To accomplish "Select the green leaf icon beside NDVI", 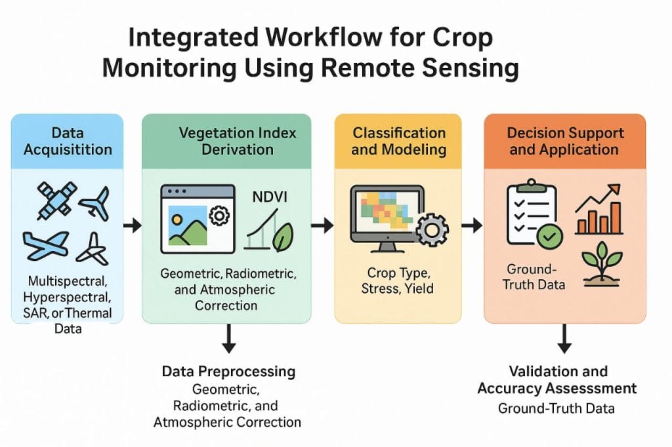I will pyautogui.click(x=283, y=237).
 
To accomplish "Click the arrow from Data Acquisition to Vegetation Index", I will pyautogui.click(x=132, y=225).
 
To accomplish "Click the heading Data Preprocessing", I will pyautogui.click(x=228, y=372).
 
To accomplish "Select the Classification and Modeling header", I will pyautogui.click(x=399, y=141).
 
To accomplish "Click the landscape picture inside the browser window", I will pyautogui.click(x=189, y=227).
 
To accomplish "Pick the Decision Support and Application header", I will pyautogui.click(x=565, y=141).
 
